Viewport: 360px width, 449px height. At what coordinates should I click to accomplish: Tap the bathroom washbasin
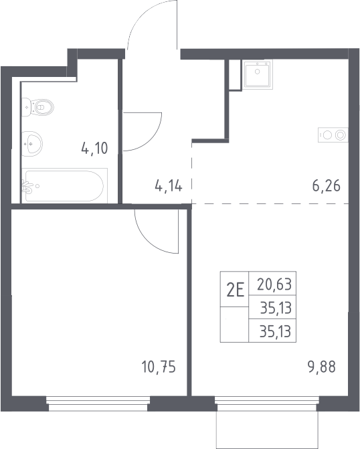(32, 143)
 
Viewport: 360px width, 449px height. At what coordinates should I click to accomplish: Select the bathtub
(64, 185)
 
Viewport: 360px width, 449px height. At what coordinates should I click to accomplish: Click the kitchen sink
(257, 74)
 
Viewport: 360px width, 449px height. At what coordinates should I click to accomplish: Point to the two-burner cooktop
(333, 135)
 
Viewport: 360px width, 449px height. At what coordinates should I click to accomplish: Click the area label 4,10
(94, 149)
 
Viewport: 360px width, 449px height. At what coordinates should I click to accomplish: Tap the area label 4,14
(169, 186)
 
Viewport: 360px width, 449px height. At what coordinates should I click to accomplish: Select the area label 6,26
(326, 186)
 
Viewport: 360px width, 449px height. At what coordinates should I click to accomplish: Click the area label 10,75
(159, 367)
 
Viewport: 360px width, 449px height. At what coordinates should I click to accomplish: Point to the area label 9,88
(322, 367)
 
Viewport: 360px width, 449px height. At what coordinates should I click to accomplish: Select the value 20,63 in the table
(274, 284)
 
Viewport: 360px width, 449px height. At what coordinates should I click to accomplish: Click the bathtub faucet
(29, 187)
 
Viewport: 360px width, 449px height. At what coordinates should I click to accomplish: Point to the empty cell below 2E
(234, 325)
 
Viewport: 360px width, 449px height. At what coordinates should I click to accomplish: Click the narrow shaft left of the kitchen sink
(235, 74)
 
